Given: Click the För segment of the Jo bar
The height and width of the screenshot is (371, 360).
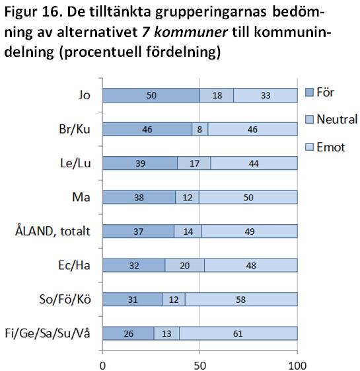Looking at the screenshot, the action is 151,95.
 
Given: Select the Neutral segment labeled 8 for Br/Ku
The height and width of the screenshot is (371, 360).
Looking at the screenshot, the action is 200,129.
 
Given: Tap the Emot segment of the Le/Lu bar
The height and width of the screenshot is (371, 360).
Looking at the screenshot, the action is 254,163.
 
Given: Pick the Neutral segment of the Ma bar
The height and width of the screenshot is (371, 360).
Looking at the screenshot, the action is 187,197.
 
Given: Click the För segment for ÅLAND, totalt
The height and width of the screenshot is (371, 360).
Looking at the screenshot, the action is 138,231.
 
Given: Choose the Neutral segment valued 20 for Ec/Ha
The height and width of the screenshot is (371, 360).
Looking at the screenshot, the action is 184,265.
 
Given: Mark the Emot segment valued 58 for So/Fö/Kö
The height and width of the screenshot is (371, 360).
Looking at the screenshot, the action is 241,300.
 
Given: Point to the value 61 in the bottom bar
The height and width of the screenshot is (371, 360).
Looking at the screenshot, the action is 238,333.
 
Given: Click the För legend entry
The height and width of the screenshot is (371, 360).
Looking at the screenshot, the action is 320,92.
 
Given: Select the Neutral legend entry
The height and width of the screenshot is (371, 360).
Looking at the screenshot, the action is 331,119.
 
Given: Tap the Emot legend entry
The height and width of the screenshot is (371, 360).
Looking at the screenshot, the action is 325,147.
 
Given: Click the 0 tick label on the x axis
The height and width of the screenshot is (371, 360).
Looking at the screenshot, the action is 102,365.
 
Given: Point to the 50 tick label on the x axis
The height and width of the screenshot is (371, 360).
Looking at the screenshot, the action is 199,365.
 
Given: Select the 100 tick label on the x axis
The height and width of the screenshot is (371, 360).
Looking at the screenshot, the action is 297,365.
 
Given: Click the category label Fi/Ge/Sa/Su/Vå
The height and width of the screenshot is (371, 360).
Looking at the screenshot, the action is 48,333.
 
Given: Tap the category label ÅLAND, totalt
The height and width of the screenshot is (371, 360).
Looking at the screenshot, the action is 53,231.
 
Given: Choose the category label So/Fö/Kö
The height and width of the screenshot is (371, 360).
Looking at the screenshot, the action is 65,299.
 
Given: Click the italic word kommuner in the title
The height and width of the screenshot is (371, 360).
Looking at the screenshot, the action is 191,32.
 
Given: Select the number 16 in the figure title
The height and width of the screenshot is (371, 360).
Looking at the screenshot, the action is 51,13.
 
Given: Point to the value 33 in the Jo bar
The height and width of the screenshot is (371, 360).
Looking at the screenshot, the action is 266,95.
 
